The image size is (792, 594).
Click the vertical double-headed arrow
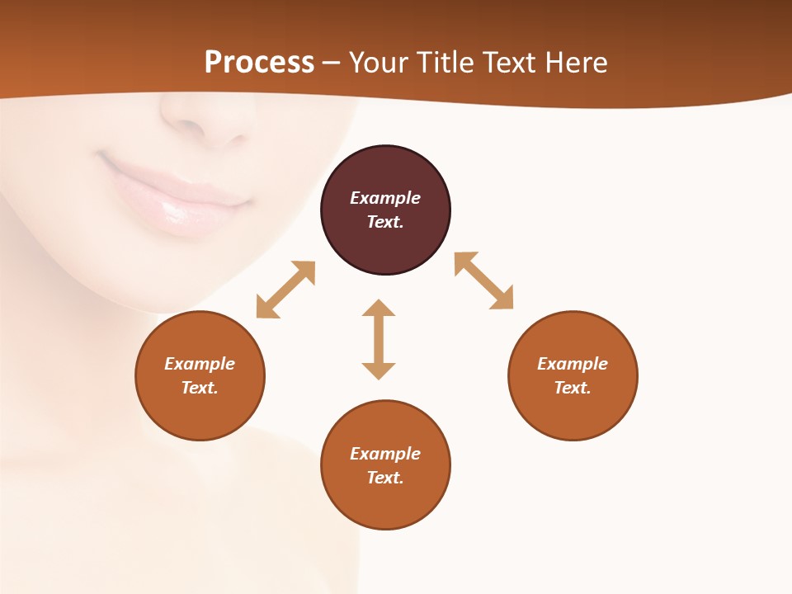click(379, 339)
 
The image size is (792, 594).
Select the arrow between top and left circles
click(285, 290)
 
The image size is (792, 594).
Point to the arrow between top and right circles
click(483, 280)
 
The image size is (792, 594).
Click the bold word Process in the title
click(259, 62)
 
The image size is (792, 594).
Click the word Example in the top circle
click(385, 198)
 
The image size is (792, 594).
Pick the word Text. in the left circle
click(200, 388)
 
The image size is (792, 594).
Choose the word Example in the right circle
click(573, 364)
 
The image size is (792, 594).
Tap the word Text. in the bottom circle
click(385, 478)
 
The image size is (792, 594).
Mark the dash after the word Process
click(332, 63)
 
